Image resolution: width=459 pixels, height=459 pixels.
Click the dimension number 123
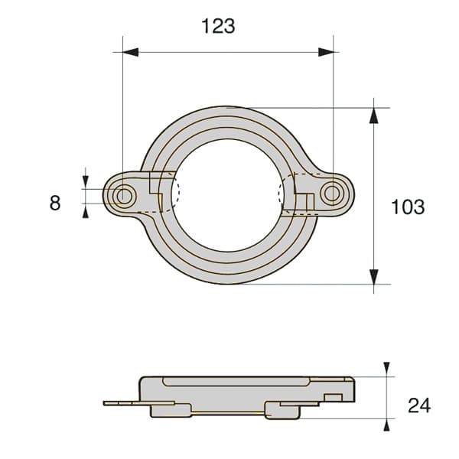[x=218, y=26]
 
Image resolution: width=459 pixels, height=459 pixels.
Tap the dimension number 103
[x=408, y=207]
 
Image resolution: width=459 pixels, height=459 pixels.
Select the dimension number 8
[x=55, y=203]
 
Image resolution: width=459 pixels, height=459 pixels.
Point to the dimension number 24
[x=419, y=405]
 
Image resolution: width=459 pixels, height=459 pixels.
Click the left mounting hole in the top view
[x=124, y=196]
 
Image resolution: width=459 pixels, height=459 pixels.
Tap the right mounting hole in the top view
[x=332, y=194]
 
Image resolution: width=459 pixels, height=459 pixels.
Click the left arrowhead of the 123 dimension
[x=131, y=52]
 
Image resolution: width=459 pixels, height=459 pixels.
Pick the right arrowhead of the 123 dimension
[x=326, y=52]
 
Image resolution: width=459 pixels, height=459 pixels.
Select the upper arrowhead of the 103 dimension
[x=373, y=116]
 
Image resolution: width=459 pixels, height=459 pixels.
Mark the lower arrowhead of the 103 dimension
[x=374, y=277]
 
